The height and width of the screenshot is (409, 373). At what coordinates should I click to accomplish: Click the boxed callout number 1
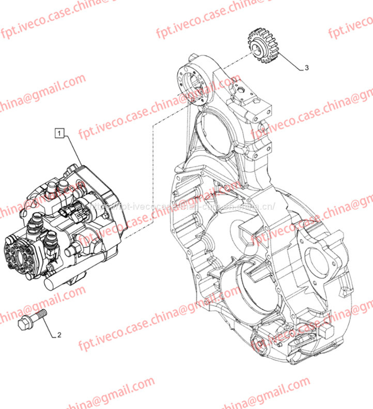tap(60, 135)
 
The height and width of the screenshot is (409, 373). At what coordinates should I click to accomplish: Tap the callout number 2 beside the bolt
tap(59, 335)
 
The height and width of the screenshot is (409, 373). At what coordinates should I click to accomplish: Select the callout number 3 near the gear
tap(306, 68)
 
